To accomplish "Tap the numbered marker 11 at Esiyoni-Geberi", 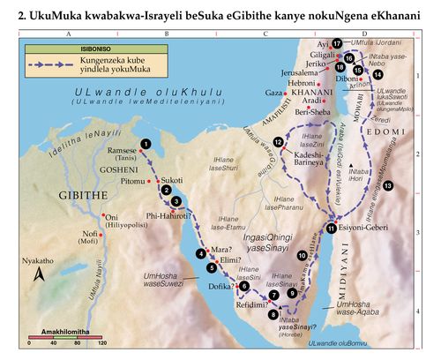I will (x=331, y=229).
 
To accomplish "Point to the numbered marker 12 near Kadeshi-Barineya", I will (x=279, y=142).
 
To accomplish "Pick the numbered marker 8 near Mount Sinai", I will (x=274, y=313).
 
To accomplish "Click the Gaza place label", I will (x=273, y=92).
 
